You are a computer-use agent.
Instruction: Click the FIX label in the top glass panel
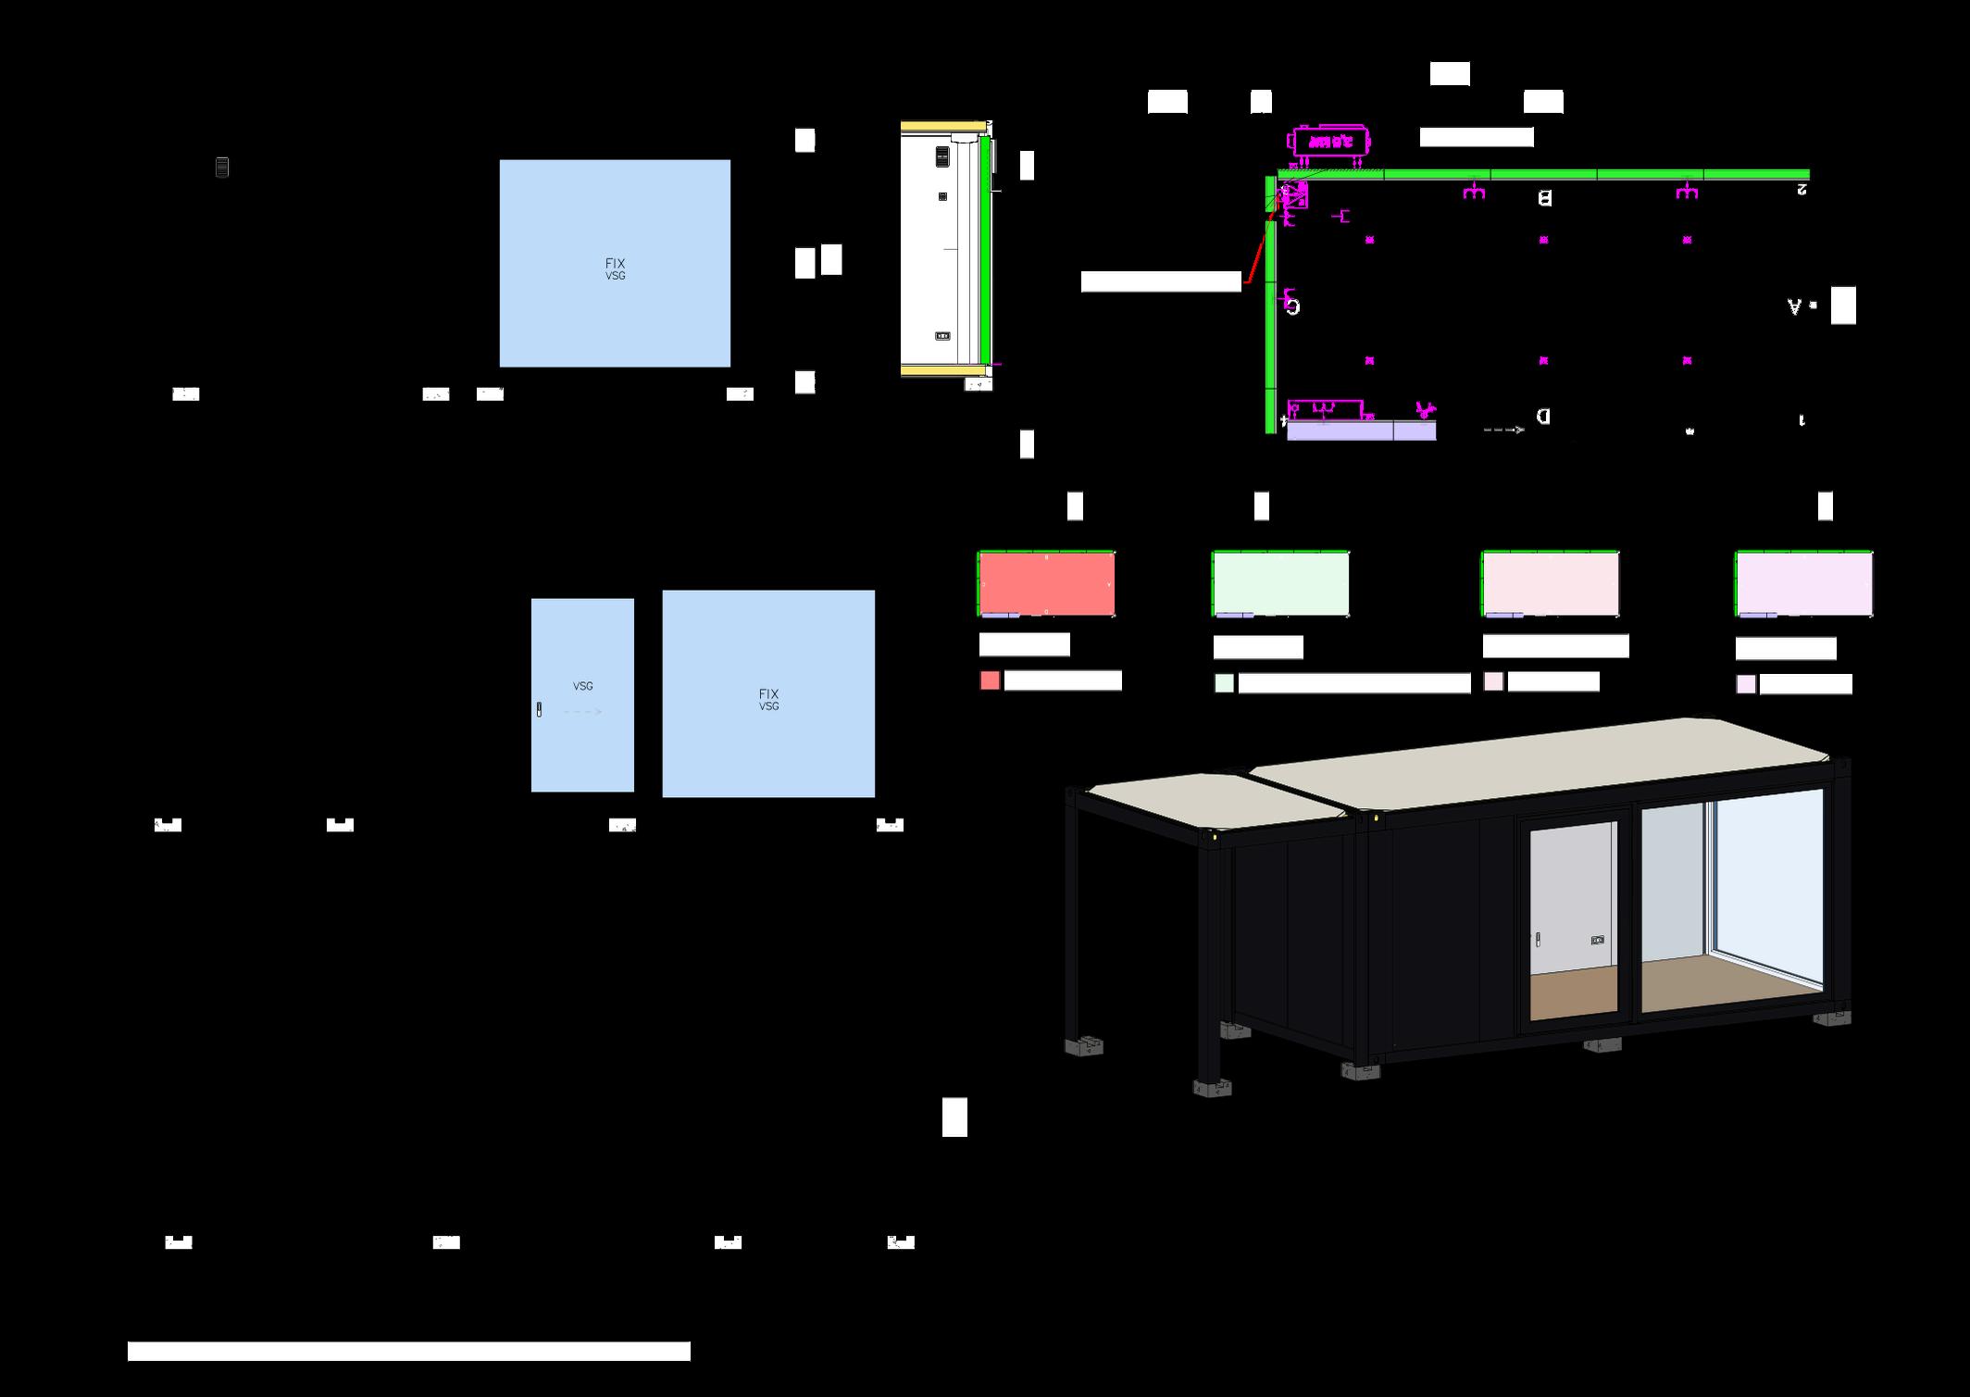tap(615, 263)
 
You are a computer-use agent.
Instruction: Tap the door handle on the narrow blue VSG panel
tap(539, 710)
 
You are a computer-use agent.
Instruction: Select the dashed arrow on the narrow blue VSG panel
tap(583, 712)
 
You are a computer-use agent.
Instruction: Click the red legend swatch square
tap(990, 681)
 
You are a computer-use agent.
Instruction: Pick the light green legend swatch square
tap(1224, 683)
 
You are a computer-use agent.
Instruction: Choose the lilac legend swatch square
tap(1745, 684)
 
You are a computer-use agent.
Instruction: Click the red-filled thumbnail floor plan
tap(1046, 583)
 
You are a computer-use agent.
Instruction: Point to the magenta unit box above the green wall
tap(1329, 142)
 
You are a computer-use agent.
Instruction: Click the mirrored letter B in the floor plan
tap(1544, 198)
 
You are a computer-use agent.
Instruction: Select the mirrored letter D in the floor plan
tap(1543, 417)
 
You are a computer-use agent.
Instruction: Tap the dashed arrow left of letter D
tap(1503, 430)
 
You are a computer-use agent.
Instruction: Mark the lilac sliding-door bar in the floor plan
tap(1361, 430)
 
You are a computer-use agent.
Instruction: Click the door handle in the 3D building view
tap(1538, 940)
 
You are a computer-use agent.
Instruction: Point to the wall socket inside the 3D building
tap(1598, 941)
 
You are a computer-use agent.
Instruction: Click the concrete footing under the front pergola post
tap(1212, 1088)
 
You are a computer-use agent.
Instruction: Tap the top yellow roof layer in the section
tap(942, 126)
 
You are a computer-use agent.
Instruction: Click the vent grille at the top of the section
tap(942, 156)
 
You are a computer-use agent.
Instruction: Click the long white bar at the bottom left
tap(408, 1352)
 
